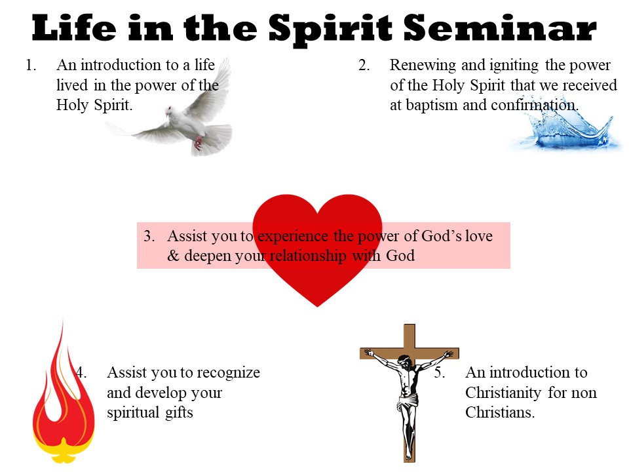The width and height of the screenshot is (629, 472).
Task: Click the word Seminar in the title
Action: (500, 28)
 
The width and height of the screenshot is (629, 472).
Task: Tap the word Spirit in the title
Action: (330, 29)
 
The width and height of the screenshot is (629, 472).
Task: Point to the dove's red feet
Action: (198, 143)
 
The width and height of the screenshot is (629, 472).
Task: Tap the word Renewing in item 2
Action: (423, 66)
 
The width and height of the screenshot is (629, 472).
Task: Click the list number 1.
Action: (31, 65)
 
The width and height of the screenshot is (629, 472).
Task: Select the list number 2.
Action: (364, 65)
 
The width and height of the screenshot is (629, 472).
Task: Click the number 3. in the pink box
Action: (149, 236)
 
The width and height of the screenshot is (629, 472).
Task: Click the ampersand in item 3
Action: (173, 256)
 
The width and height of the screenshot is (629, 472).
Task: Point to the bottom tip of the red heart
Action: (317, 307)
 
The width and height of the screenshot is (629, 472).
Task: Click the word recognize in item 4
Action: (228, 373)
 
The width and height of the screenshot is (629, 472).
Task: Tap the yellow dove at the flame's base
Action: (64, 450)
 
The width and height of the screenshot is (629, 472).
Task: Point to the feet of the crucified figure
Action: (408, 454)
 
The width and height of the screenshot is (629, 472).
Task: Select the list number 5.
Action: (439, 373)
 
